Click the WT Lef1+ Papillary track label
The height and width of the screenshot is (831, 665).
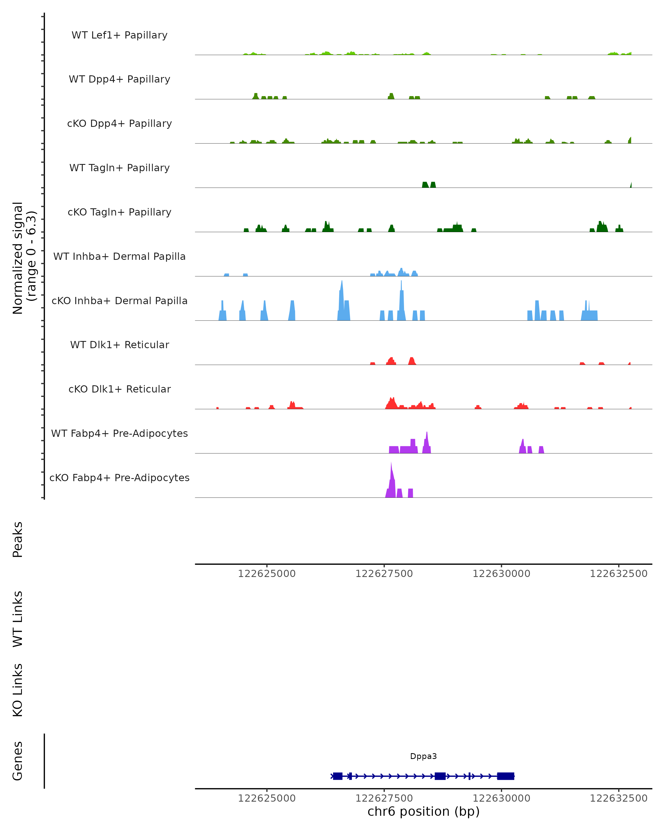119,35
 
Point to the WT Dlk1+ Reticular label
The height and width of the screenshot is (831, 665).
119,345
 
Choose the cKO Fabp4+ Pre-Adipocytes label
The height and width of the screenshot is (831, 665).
119,478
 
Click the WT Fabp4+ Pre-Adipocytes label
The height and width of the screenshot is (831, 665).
119,433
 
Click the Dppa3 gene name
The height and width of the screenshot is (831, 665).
423,756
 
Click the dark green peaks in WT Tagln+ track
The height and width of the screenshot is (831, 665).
429,185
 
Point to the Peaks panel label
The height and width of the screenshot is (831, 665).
18,539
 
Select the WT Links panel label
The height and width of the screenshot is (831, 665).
18,619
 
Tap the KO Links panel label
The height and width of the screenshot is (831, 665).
18,690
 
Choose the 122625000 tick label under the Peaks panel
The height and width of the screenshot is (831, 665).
267,574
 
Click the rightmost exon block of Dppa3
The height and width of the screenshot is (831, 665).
505,776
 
